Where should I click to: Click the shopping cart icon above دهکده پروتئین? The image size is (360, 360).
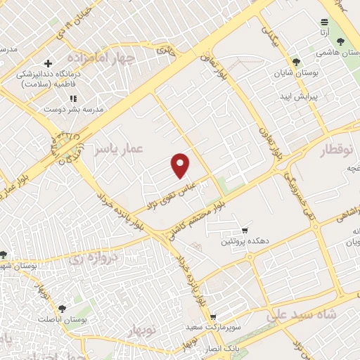[x=245, y=230]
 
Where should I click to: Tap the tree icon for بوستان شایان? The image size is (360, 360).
[x=297, y=62]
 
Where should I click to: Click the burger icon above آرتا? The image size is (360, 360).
[x=324, y=22]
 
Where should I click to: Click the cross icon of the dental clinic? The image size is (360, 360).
[x=48, y=64]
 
